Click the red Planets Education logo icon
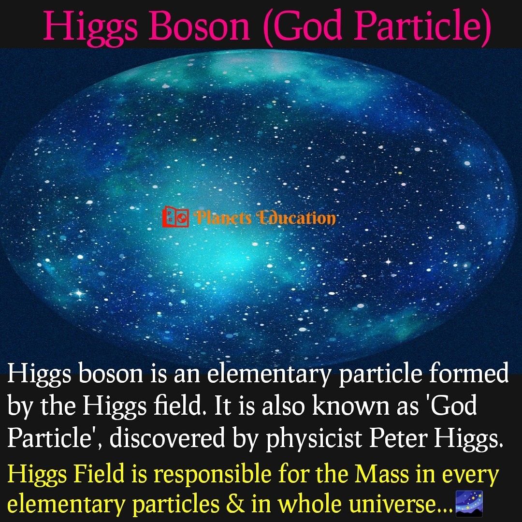[x=175, y=217]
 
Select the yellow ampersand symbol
[x=235, y=504]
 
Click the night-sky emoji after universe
[x=469, y=503]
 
